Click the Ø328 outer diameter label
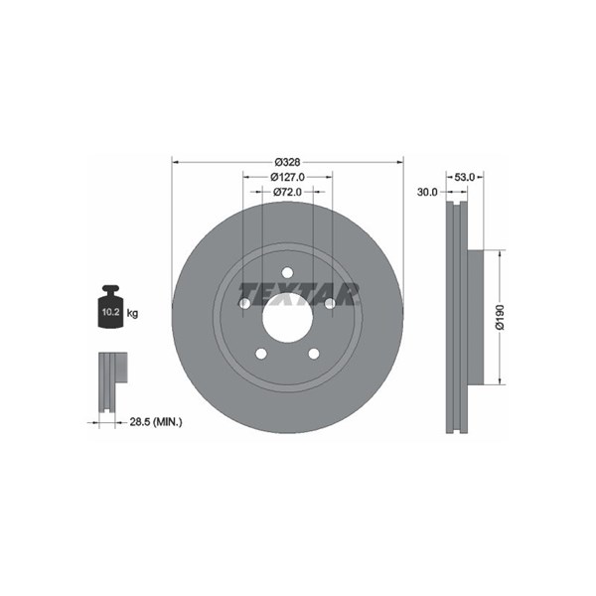[287, 162]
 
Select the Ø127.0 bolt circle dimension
[287, 177]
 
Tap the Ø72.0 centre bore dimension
[287, 192]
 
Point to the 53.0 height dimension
[465, 177]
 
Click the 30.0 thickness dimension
[427, 193]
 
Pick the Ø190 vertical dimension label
[500, 317]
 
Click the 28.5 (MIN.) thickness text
[156, 421]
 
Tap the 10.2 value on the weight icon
[110, 313]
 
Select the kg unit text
[132, 314]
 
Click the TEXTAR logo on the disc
[298, 294]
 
